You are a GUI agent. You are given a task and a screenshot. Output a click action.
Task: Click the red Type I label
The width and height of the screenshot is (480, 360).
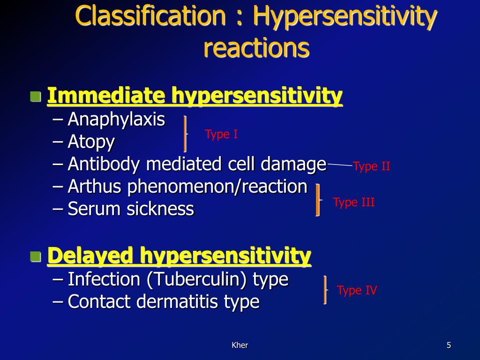click(x=221, y=135)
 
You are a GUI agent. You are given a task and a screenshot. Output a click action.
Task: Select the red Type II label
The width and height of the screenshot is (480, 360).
click(x=371, y=166)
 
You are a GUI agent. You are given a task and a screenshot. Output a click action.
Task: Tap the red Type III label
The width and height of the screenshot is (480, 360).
click(x=353, y=202)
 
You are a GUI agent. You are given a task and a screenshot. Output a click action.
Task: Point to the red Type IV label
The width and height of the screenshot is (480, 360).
click(x=357, y=291)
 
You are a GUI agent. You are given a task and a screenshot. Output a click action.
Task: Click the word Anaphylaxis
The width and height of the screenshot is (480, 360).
click(x=116, y=120)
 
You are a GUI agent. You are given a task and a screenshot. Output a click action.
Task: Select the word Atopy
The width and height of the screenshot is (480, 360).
click(x=91, y=142)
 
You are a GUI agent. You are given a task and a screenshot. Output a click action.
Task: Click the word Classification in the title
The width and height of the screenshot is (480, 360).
click(x=150, y=17)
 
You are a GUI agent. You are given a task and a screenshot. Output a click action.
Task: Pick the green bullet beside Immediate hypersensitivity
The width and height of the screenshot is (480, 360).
click(x=35, y=97)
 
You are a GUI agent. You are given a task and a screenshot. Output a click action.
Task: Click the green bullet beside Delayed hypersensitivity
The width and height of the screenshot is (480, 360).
click(x=35, y=256)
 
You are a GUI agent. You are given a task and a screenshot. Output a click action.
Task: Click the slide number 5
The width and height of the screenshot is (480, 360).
click(x=449, y=345)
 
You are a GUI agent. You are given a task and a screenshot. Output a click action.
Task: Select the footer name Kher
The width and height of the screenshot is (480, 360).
click(x=240, y=345)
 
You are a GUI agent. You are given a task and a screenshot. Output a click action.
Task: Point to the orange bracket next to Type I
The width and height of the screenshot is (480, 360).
click(x=185, y=134)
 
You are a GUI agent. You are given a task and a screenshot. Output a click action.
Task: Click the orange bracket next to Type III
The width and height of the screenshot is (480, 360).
click(x=318, y=200)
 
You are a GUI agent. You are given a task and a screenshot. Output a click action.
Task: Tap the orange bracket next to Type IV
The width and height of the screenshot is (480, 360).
click(x=324, y=290)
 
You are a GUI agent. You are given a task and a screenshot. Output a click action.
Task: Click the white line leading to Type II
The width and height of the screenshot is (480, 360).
click(x=339, y=165)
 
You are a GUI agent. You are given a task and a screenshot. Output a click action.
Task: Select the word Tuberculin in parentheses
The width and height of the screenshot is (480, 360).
click(x=197, y=280)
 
